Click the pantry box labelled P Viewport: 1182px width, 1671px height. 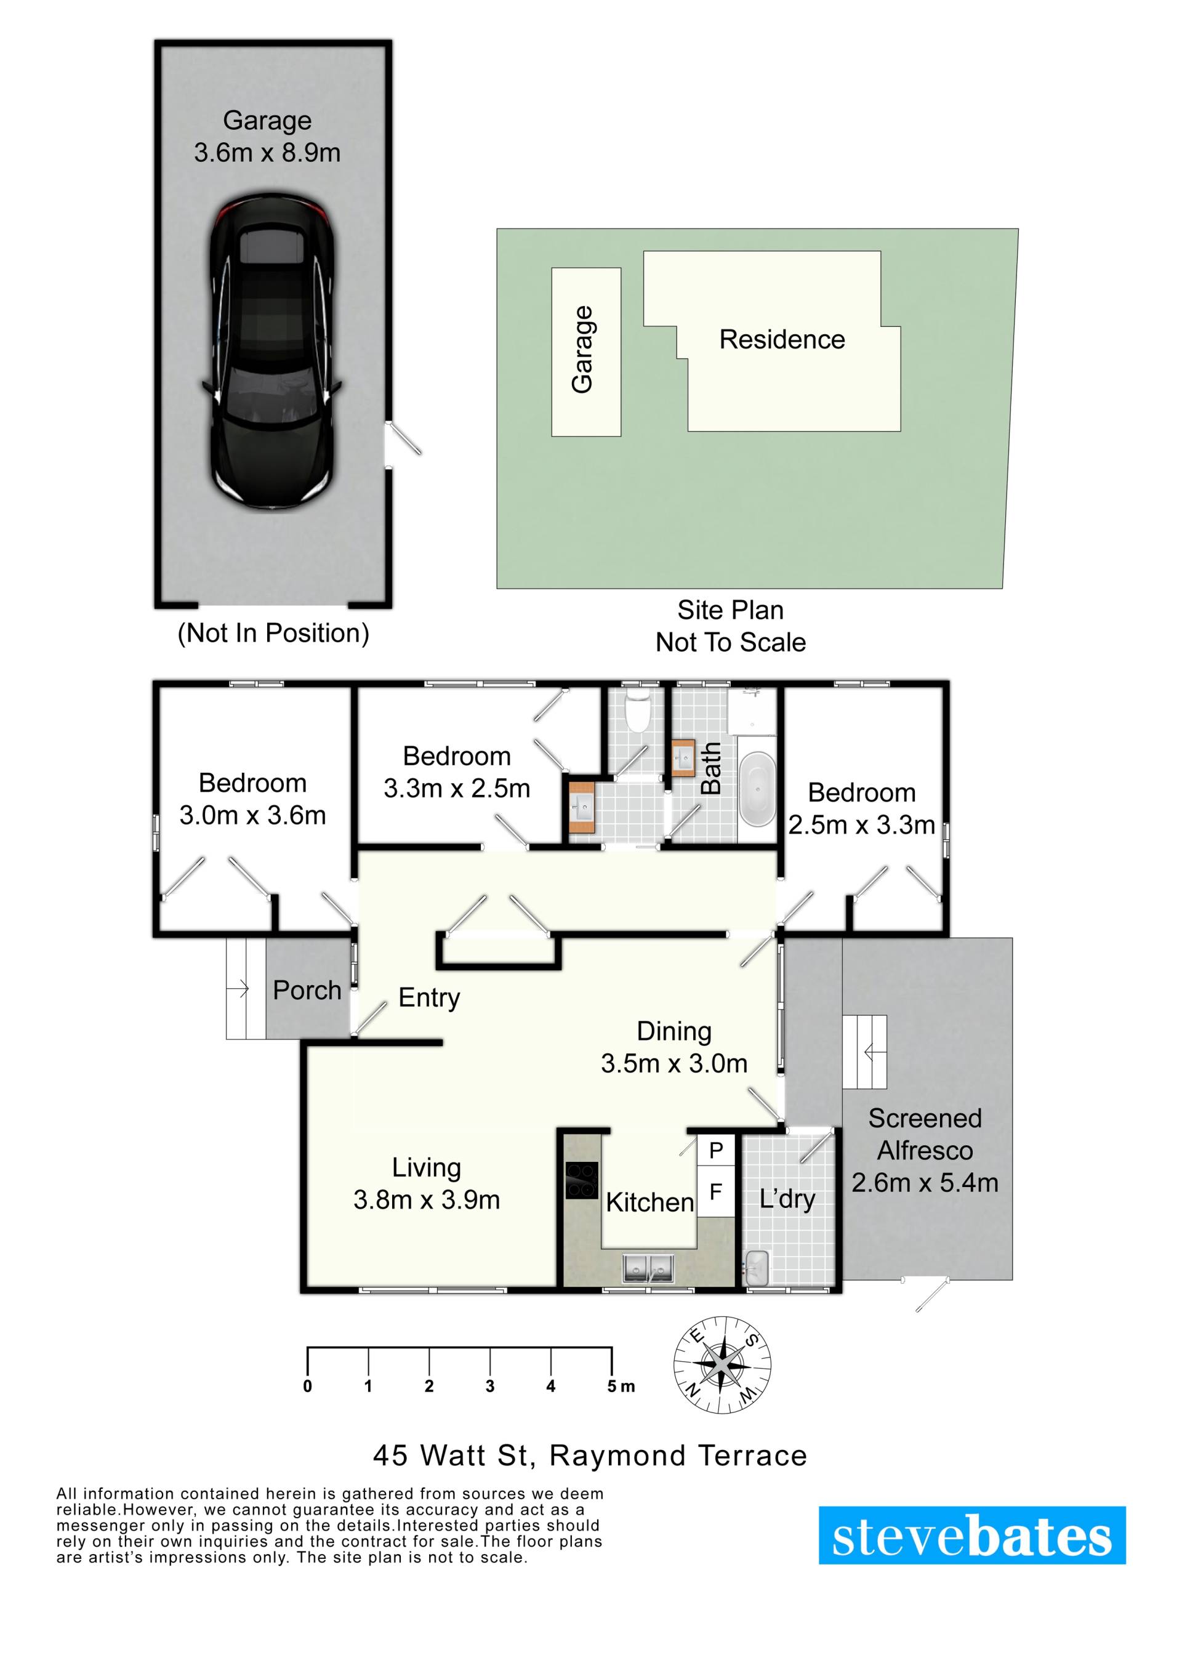[716, 1151]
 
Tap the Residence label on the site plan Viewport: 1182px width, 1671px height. [782, 340]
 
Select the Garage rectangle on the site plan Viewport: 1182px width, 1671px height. [586, 352]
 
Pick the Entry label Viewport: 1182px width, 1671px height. [430, 998]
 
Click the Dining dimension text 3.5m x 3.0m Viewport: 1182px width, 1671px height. [674, 1063]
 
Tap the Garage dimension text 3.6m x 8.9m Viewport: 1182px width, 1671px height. [267, 153]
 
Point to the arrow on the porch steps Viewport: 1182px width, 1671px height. [239, 988]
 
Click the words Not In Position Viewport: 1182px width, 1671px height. [274, 633]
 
